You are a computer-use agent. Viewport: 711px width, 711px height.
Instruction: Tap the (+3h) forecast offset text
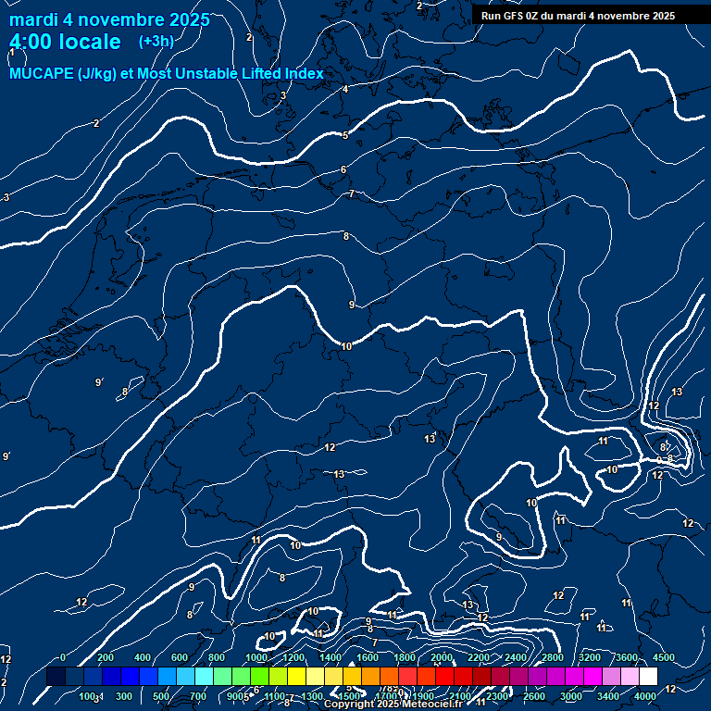tap(156, 42)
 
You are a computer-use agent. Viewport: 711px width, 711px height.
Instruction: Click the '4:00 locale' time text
tap(65, 42)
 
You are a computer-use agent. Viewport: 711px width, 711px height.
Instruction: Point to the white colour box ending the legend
tap(648, 677)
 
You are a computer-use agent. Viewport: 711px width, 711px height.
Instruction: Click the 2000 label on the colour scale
tap(442, 657)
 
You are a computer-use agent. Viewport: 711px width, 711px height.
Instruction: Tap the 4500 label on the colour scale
tap(664, 657)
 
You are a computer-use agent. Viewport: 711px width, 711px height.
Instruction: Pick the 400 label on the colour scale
tap(143, 657)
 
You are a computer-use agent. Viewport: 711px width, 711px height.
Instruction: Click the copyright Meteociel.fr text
tap(393, 704)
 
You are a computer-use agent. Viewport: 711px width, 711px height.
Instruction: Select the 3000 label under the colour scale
tap(571, 696)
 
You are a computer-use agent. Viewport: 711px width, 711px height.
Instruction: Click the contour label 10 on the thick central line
tap(346, 346)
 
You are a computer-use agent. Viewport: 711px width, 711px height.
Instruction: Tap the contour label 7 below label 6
tap(352, 193)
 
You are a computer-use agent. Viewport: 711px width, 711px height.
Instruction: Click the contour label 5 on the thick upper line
tap(345, 135)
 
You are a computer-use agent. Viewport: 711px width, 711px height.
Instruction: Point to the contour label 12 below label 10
tap(330, 448)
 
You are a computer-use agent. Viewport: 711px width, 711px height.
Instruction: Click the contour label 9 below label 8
tap(352, 305)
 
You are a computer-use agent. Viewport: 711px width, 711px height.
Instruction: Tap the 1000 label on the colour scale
tap(256, 657)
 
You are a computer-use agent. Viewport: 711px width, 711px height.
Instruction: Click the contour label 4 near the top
tap(345, 89)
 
